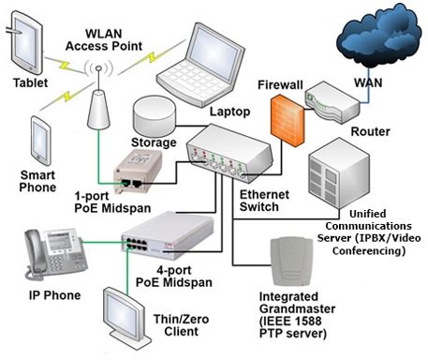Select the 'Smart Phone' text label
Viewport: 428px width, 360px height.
38,182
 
